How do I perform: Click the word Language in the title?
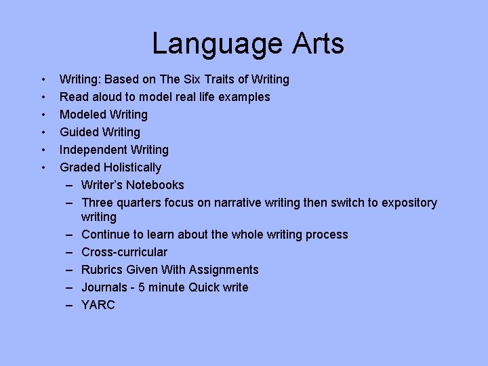coord(207,44)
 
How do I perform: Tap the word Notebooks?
coord(155,185)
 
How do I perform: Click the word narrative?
coord(237,203)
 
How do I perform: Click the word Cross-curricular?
coord(124,252)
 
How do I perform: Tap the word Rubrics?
coord(102,270)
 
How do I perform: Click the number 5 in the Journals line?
coord(142,287)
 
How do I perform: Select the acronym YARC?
coord(98,305)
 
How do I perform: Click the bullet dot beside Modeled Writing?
coord(43,115)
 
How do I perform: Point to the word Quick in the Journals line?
coord(206,287)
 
